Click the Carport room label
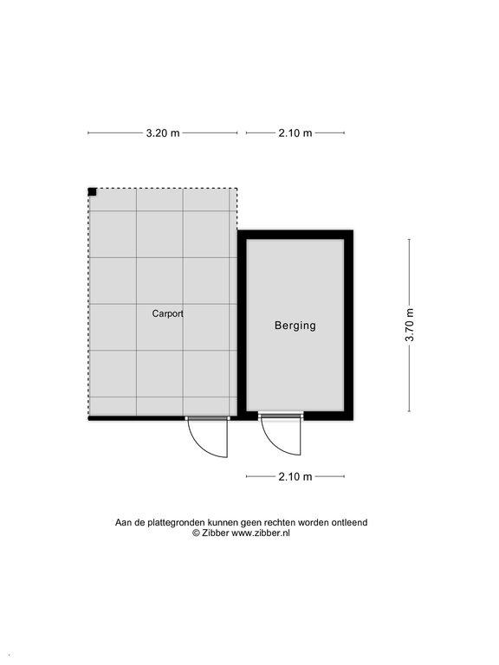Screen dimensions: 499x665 coord(167,313)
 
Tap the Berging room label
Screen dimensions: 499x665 coord(295,326)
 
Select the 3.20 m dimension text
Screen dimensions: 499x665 coord(163,133)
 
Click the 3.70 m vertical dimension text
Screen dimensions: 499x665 coord(410,325)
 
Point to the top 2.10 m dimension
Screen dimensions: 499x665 coord(295,133)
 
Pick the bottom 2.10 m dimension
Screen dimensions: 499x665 coord(295,477)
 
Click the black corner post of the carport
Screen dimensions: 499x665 coord(92,192)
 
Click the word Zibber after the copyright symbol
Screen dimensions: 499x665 coord(215,533)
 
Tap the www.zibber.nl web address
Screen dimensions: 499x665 coord(261,533)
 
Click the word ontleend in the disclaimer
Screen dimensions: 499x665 coord(351,522)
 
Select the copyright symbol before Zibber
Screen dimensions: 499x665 coord(196,533)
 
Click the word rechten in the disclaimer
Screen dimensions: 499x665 coord(279,522)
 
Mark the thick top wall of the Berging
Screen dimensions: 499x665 coord(295,235)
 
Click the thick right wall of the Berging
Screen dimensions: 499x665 coord(348,326)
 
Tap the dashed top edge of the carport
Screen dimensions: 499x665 coord(163,188)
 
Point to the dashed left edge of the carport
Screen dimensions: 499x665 coord(88,303)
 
